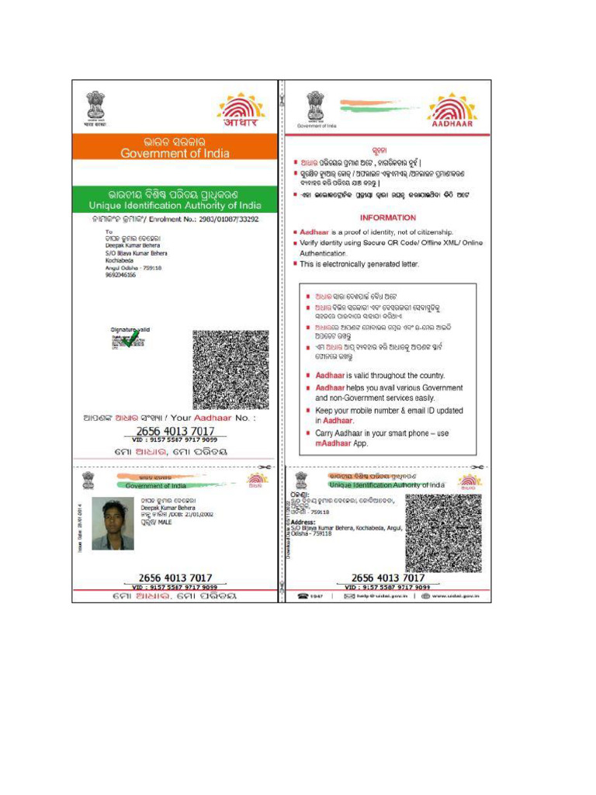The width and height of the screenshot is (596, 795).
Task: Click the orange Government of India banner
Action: [x=175, y=148]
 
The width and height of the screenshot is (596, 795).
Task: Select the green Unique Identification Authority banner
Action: [x=175, y=199]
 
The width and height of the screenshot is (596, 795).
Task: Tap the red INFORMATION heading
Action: [x=387, y=218]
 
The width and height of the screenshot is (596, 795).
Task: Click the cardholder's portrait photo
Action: [x=113, y=523]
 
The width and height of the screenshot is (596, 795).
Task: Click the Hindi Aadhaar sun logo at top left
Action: [x=241, y=109]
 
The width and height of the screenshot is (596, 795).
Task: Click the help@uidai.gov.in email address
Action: [x=375, y=596]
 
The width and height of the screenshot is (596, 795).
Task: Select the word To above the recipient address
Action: [x=108, y=232]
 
